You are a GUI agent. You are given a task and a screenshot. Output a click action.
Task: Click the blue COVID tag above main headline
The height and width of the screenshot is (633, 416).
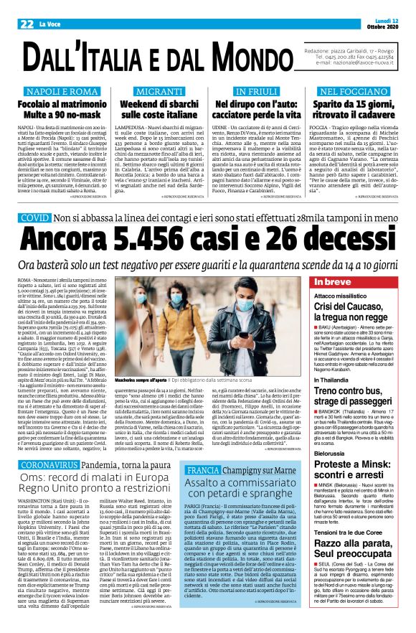(35, 217)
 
